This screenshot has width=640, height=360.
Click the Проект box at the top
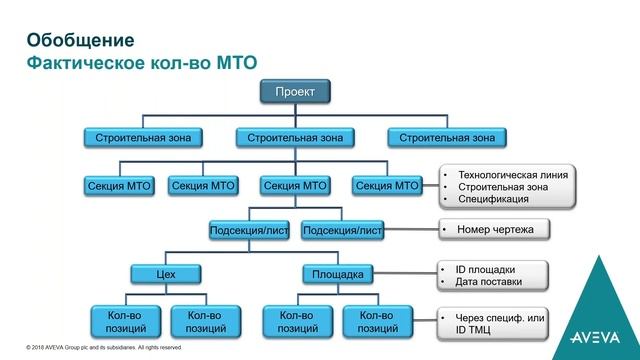click(295, 93)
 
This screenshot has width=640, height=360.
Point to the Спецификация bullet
click(493, 199)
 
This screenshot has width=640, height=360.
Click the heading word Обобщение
click(79, 41)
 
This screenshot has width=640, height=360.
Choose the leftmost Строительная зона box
click(141, 136)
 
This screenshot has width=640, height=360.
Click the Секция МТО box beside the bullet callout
click(387, 185)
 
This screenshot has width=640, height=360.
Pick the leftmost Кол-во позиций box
click(125, 321)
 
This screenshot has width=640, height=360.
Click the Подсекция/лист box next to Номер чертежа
click(342, 230)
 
